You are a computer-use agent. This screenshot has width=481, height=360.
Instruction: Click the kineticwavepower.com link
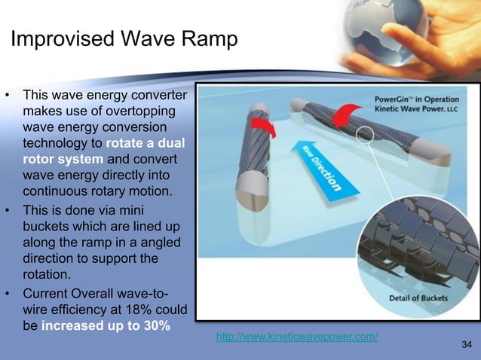click(297, 337)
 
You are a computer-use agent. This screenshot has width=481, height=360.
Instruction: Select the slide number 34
click(466, 345)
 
